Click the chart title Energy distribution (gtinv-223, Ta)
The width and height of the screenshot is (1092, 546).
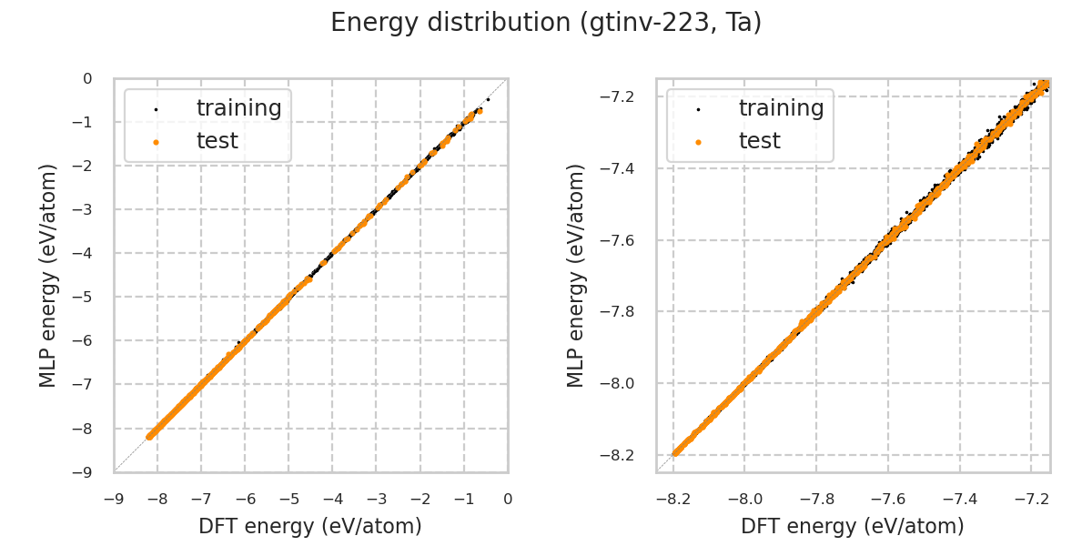pyautogui.click(x=546, y=23)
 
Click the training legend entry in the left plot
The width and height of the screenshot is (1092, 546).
pyautogui.click(x=238, y=108)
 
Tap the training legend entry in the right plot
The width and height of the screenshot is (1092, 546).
pyautogui.click(x=781, y=108)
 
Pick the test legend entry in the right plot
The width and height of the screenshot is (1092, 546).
pyautogui.click(x=759, y=141)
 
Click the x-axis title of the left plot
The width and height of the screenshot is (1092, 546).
pyautogui.click(x=310, y=526)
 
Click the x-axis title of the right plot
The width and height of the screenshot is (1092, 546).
pyautogui.click(x=853, y=526)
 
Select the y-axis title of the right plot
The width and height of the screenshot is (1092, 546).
pyautogui.click(x=576, y=275)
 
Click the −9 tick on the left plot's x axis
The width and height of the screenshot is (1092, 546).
pyautogui.click(x=114, y=499)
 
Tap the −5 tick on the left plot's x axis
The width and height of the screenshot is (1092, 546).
pyautogui.click(x=288, y=499)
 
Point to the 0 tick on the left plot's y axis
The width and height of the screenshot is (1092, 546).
pyautogui.click(x=87, y=79)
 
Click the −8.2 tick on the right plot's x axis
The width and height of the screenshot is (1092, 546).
pyautogui.click(x=672, y=499)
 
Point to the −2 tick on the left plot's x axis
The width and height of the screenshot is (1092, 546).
pyautogui.click(x=420, y=499)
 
